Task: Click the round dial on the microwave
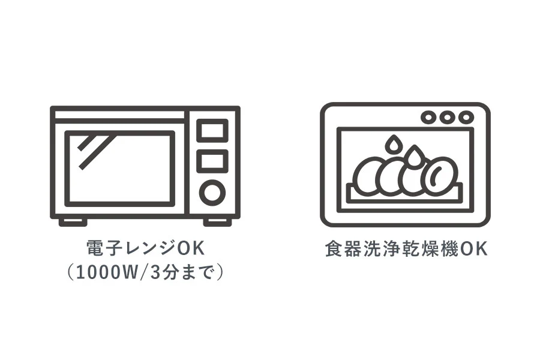point(212,192)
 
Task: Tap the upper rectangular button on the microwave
point(212,131)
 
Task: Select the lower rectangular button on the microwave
point(212,161)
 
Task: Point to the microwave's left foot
point(73,222)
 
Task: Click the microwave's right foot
point(217,222)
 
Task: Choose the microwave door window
point(120,169)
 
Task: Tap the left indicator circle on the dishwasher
point(428,118)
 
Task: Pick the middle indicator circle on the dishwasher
point(447,118)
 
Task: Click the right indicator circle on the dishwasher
point(466,118)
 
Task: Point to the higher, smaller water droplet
point(393,144)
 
